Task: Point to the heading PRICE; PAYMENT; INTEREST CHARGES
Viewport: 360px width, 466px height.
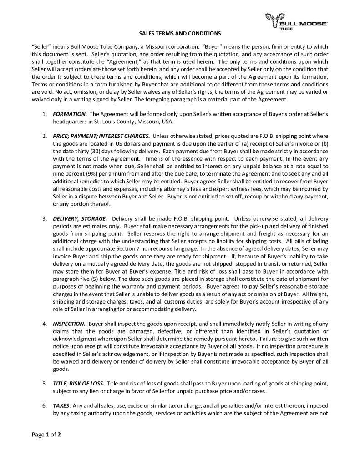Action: coord(101,136)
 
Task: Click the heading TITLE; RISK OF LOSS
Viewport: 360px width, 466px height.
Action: coord(79,384)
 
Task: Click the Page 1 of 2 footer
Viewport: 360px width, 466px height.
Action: coord(46,434)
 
